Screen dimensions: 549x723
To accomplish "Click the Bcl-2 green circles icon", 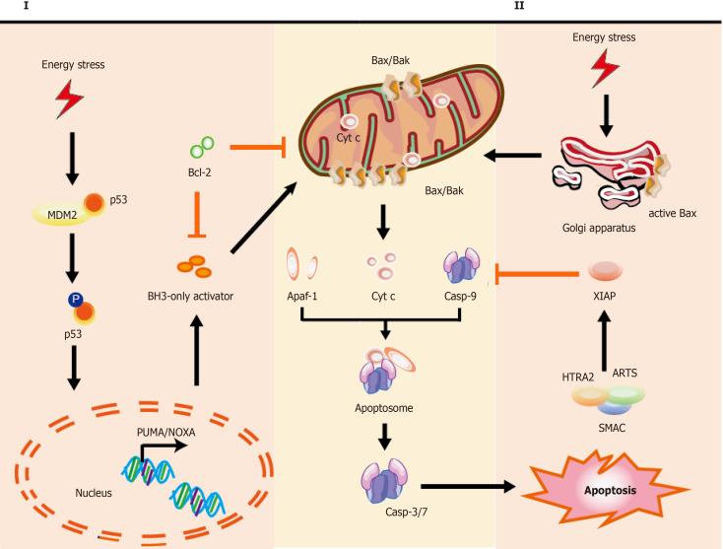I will click(202, 148).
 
